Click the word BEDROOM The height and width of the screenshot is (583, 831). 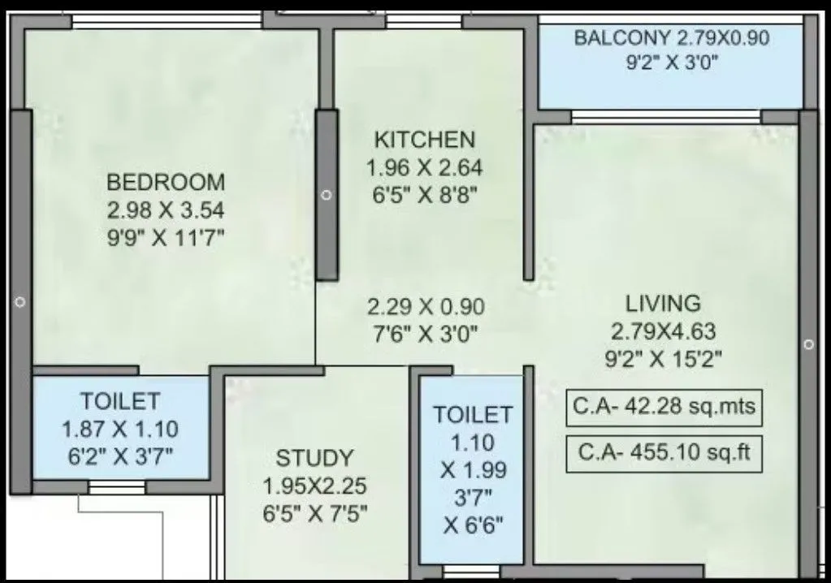point(166,181)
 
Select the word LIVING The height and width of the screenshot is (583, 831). point(663,304)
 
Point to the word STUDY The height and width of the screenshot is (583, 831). point(314,458)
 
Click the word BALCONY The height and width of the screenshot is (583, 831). point(621,37)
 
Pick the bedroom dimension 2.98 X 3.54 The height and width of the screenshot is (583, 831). point(166,210)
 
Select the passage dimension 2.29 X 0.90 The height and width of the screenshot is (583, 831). point(426,307)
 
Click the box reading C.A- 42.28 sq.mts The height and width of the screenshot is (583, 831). point(664,408)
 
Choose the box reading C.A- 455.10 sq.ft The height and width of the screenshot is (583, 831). point(664,454)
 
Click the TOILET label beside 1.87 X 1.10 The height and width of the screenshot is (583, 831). point(120,400)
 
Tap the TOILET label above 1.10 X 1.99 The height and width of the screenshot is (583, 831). point(473,414)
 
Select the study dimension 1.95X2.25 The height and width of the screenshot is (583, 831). point(314,486)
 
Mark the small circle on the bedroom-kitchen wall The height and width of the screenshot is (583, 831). point(327,196)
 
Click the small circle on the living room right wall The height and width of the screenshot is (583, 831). point(808,344)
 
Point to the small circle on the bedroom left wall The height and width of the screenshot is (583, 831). point(20,302)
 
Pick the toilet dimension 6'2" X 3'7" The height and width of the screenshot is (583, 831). point(120,454)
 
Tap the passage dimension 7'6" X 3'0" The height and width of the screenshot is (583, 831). point(426,334)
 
